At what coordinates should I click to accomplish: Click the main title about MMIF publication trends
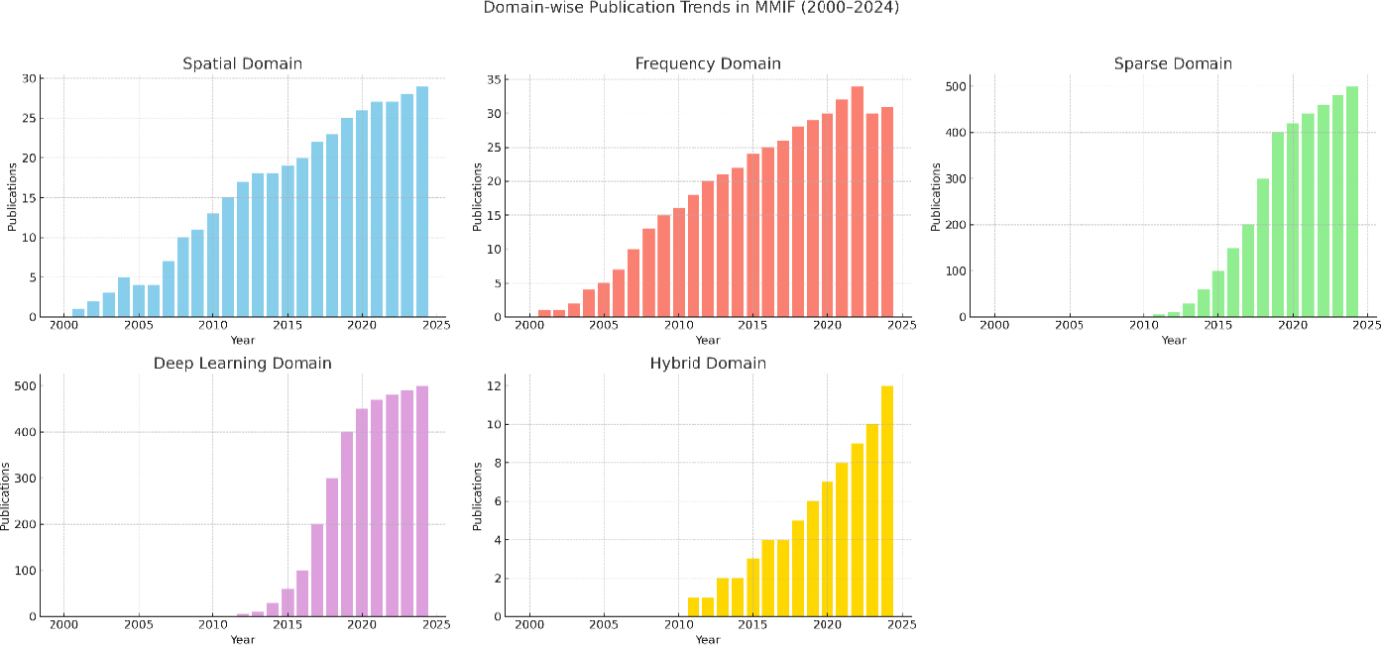click(x=690, y=8)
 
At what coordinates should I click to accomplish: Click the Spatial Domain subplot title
click(x=242, y=63)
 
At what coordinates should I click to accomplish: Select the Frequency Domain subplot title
click(x=707, y=63)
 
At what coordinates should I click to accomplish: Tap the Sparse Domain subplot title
click(x=1173, y=63)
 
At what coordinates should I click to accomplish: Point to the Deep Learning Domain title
click(x=242, y=364)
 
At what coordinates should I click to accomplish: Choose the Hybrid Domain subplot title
click(x=707, y=364)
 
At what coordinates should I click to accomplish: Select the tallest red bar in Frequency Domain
click(x=857, y=202)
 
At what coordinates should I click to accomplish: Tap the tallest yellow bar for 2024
click(x=886, y=500)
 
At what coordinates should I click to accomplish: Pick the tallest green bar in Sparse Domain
click(x=1351, y=202)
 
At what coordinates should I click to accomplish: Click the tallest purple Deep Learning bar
click(x=421, y=500)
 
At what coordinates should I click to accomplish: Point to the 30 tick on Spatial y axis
click(x=31, y=78)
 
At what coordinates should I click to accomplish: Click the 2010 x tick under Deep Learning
click(x=212, y=625)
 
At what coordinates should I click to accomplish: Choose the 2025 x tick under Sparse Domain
click(x=1366, y=326)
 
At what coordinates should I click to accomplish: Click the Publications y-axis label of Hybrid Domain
click(x=477, y=494)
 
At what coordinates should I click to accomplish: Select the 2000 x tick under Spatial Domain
click(x=63, y=326)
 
